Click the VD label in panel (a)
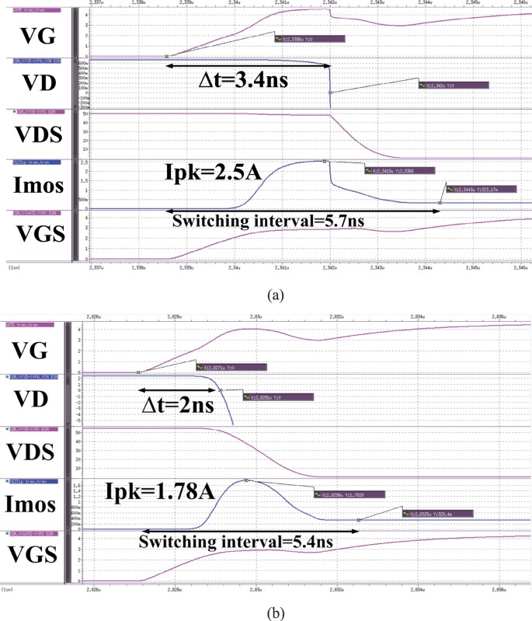[x=36, y=83]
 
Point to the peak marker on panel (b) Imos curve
[x=246, y=480]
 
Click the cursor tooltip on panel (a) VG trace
[x=309, y=38]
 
